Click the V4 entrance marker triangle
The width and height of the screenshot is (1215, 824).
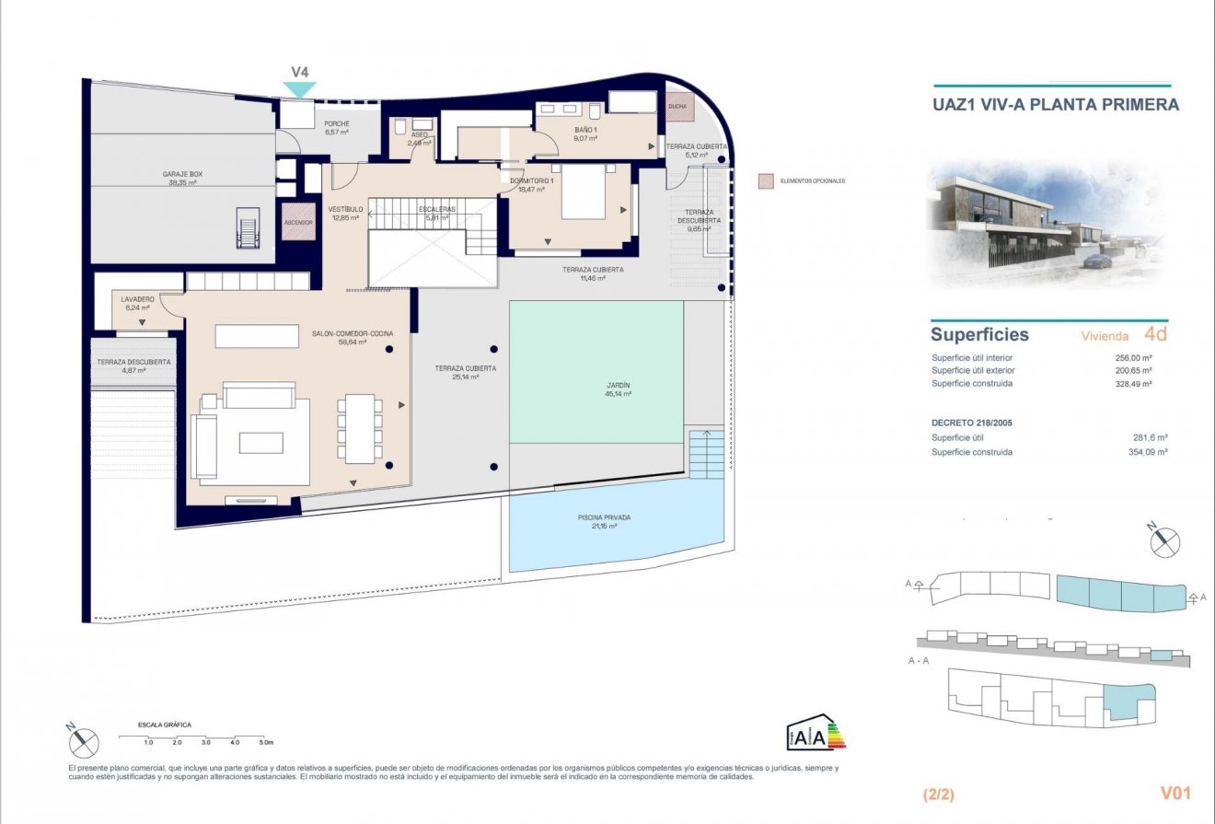[299, 88]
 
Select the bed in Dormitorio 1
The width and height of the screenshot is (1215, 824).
[582, 192]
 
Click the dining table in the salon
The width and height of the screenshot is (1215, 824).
[359, 429]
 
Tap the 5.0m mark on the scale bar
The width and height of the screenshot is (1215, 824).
[265, 741]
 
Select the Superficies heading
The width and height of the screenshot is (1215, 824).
[979, 335]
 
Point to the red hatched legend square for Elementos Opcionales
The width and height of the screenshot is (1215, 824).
[764, 180]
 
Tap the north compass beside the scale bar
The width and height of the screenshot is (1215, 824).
[82, 738]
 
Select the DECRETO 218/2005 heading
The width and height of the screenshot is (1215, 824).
[978, 423]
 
